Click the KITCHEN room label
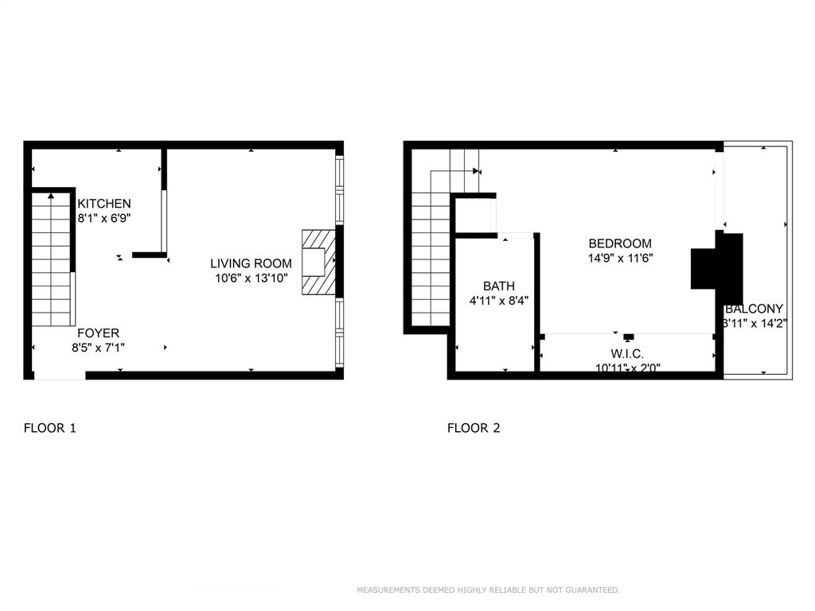104,204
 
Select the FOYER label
99,333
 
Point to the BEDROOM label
620,243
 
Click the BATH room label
499,286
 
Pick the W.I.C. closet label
627,353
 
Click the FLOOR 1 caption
50,428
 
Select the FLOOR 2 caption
474,428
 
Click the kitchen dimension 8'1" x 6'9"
104,218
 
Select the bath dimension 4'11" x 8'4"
499,301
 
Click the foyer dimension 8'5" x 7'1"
99,348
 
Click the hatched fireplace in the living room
318,263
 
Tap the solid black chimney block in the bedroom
716,262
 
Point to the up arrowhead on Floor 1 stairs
51,194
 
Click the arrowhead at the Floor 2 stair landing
476,170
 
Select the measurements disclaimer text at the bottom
488,590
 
